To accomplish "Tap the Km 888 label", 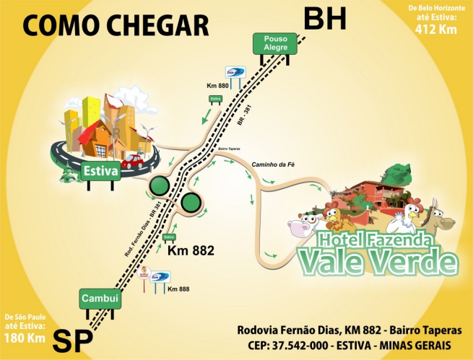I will tap(178, 289).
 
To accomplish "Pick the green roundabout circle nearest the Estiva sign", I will tap(160, 188).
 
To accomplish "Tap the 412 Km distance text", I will tap(435, 30).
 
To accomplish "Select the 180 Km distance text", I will tap(26, 337).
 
